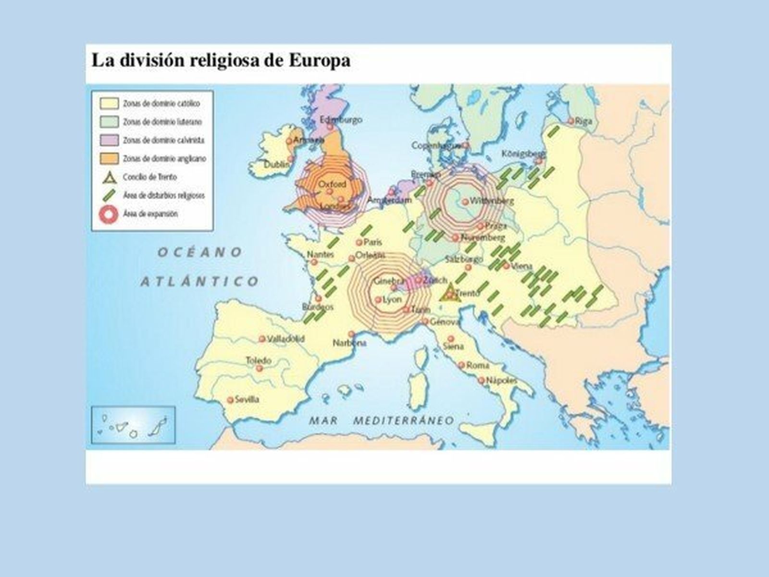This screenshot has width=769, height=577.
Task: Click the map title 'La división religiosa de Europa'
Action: click(x=221, y=61)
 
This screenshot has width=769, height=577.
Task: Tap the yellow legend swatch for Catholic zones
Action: click(x=109, y=103)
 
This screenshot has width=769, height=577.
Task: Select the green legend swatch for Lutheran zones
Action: click(x=109, y=122)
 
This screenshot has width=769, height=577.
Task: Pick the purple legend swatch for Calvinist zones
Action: click(x=109, y=140)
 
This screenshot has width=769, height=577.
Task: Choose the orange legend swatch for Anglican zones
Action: click(x=109, y=158)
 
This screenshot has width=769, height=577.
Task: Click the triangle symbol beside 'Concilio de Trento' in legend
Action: click(x=110, y=177)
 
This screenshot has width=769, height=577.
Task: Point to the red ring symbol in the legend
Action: click(x=109, y=214)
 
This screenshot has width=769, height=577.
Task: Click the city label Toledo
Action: click(x=259, y=360)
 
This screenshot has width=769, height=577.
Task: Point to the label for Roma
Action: click(x=478, y=365)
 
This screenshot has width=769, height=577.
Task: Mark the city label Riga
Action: click(x=583, y=121)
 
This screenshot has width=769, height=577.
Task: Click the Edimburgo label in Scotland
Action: click(x=341, y=119)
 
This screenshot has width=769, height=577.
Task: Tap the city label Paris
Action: click(x=372, y=242)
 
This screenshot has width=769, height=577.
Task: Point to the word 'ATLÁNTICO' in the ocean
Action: click(x=199, y=281)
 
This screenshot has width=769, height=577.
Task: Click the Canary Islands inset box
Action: click(x=133, y=425)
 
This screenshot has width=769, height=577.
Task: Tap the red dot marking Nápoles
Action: click(x=481, y=380)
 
